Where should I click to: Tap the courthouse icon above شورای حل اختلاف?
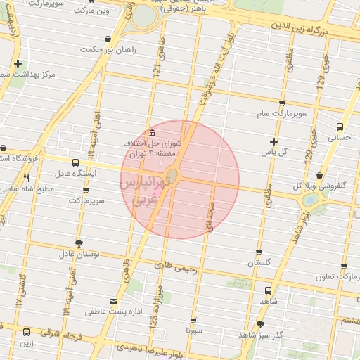pyautogui.click(x=153, y=134)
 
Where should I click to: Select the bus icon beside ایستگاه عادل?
pyautogui.click(x=75, y=162)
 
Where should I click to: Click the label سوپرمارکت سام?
pyautogui.click(x=281, y=113)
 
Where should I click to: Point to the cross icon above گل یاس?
pyautogui.click(x=274, y=142)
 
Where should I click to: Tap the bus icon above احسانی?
pyautogui.click(x=340, y=127)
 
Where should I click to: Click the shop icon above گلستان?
pyautogui.click(x=259, y=252)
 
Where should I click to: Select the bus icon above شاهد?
pyautogui.click(x=269, y=290)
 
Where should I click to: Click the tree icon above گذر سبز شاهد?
pyautogui.click(x=261, y=324)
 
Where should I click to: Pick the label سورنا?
pyautogui.click(x=194, y=328)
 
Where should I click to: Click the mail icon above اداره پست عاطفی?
pyautogui.click(x=114, y=302)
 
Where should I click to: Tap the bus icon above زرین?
pyautogui.click(x=27, y=332)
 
